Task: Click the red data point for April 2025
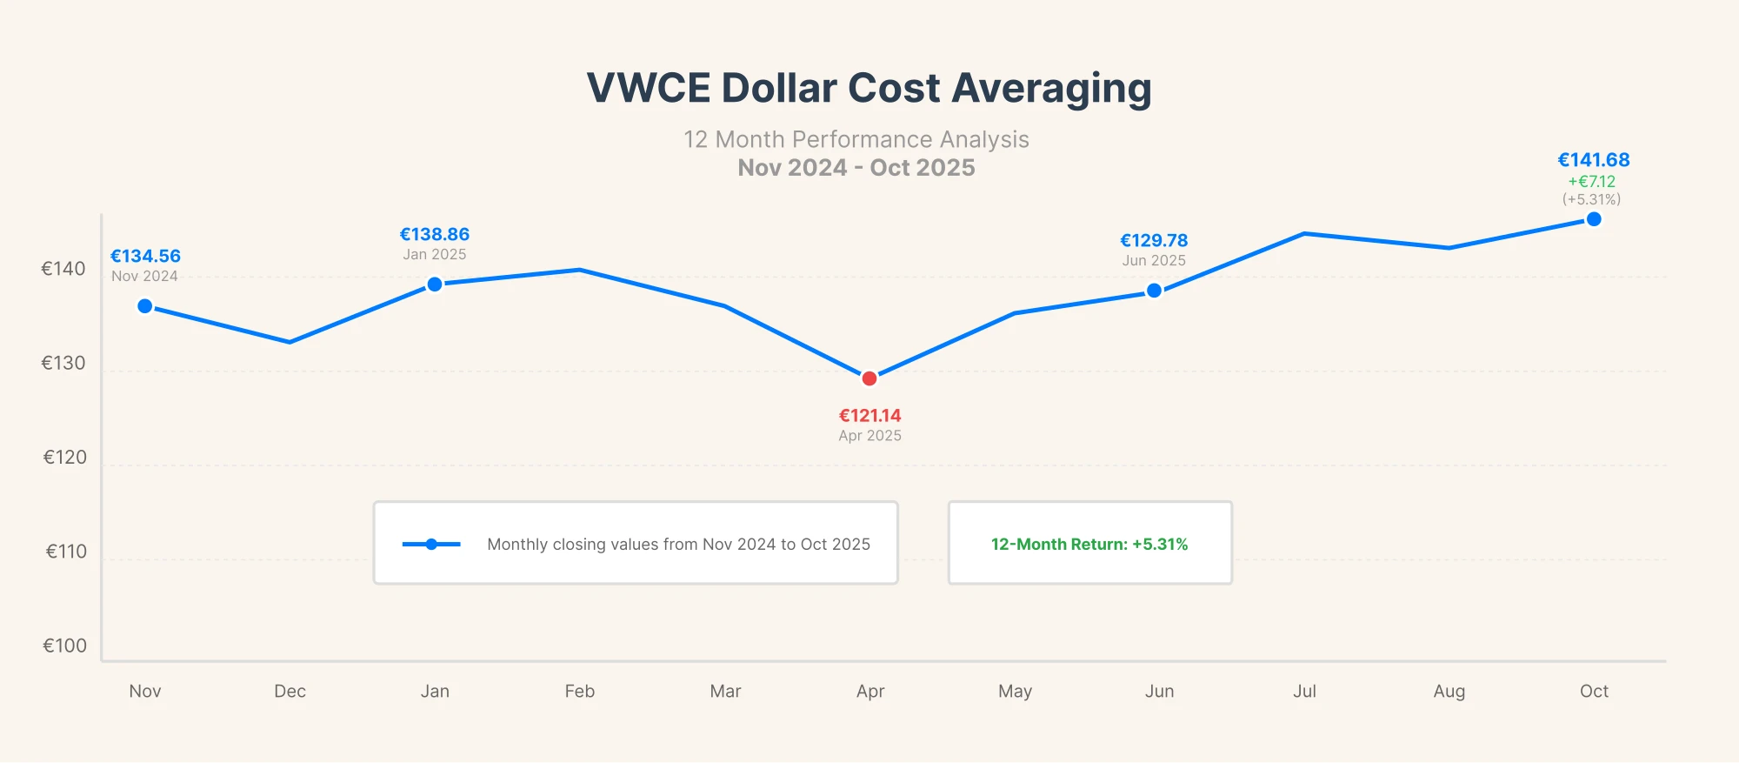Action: click(x=869, y=378)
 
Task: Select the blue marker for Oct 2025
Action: click(x=1594, y=219)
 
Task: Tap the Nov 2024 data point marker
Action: click(x=145, y=306)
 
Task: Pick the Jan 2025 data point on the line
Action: click(x=435, y=284)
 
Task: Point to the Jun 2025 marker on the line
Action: click(x=1154, y=291)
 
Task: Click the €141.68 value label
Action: click(x=1593, y=160)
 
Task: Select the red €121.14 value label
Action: click(x=869, y=416)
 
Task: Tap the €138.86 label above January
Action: click(x=435, y=234)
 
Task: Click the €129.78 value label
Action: click(x=1154, y=240)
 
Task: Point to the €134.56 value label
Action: click(x=145, y=256)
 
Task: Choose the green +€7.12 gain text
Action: click(x=1591, y=181)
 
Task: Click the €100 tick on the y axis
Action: click(x=64, y=646)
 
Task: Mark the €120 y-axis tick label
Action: click(x=64, y=458)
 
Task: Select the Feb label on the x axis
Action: click(x=580, y=691)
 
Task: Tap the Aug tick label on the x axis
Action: click(x=1449, y=691)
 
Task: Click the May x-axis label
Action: click(x=1015, y=691)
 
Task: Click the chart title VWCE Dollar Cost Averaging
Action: click(x=869, y=88)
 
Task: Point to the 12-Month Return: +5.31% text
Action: click(x=1089, y=544)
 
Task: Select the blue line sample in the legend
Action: click(x=431, y=544)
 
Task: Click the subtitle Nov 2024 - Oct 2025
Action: click(x=856, y=167)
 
